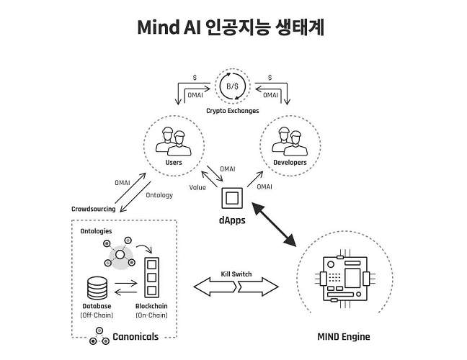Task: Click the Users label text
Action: coord(173,163)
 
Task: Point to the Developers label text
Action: coord(290,163)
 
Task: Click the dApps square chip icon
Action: coord(232,197)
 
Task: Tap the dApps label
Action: coord(232,221)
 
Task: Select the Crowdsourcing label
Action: coord(94,210)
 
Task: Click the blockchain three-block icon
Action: coord(151,276)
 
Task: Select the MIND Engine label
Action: coord(344,336)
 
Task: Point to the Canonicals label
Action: coord(135,336)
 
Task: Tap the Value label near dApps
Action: coord(197,187)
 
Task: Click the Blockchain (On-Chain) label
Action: coord(151,311)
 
